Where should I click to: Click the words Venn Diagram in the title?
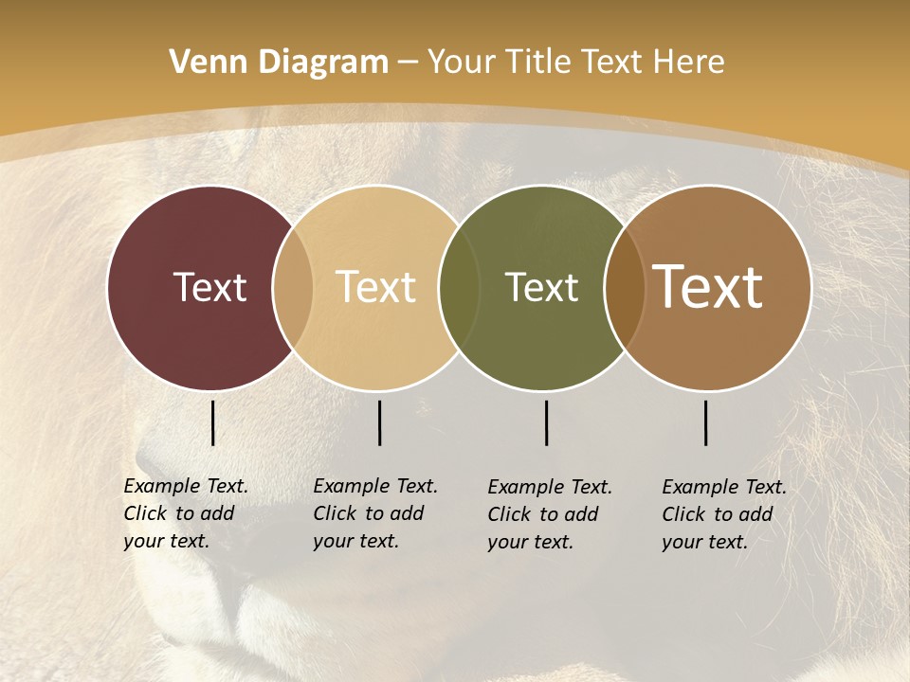tap(279, 63)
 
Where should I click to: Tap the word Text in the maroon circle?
tap(209, 287)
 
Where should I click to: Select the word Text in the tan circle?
tap(376, 287)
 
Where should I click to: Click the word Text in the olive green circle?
tap(541, 287)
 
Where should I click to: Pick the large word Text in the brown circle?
tap(708, 287)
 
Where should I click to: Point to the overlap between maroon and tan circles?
tap(293, 287)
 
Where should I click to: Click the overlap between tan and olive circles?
tap(460, 287)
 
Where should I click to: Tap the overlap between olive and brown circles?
tap(625, 287)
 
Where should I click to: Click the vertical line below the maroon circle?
tap(212, 422)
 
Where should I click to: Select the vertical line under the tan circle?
tap(379, 422)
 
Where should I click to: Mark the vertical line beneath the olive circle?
tap(546, 422)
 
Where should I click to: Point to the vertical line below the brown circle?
tap(706, 422)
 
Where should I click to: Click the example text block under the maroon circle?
tap(186, 513)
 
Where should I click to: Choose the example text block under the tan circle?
tap(375, 513)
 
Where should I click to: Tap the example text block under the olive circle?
tap(550, 514)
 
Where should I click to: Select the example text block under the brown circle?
tap(724, 514)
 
